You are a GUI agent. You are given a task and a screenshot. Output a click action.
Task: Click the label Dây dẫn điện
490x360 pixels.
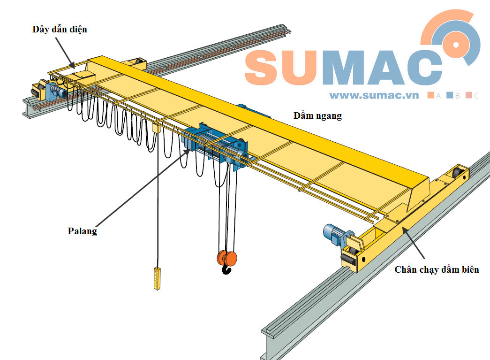click(60, 30)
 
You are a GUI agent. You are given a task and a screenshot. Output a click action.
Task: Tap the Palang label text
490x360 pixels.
click(82, 231)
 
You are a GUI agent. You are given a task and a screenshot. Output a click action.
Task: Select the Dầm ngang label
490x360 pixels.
click(317, 116)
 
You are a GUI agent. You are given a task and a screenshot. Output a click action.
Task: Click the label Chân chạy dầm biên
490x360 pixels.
click(437, 269)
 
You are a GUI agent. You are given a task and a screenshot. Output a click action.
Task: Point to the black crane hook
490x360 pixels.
click(226, 269)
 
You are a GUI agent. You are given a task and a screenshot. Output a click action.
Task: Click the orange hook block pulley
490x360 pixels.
click(227, 258)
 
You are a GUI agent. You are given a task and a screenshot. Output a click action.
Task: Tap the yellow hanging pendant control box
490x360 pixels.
click(157, 278)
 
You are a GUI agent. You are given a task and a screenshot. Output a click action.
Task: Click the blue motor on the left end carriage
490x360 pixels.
click(56, 90)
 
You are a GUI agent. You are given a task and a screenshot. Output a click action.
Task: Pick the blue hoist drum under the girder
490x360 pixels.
click(219, 146)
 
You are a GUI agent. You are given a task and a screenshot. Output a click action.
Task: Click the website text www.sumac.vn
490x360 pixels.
click(374, 95)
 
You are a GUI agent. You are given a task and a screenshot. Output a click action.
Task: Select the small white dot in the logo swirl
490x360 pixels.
click(456, 45)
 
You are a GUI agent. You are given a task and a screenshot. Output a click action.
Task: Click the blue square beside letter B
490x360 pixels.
click(450, 95)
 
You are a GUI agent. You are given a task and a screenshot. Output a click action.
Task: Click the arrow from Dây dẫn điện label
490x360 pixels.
click(65, 53)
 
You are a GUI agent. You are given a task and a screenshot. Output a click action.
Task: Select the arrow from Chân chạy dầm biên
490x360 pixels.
click(413, 243)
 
